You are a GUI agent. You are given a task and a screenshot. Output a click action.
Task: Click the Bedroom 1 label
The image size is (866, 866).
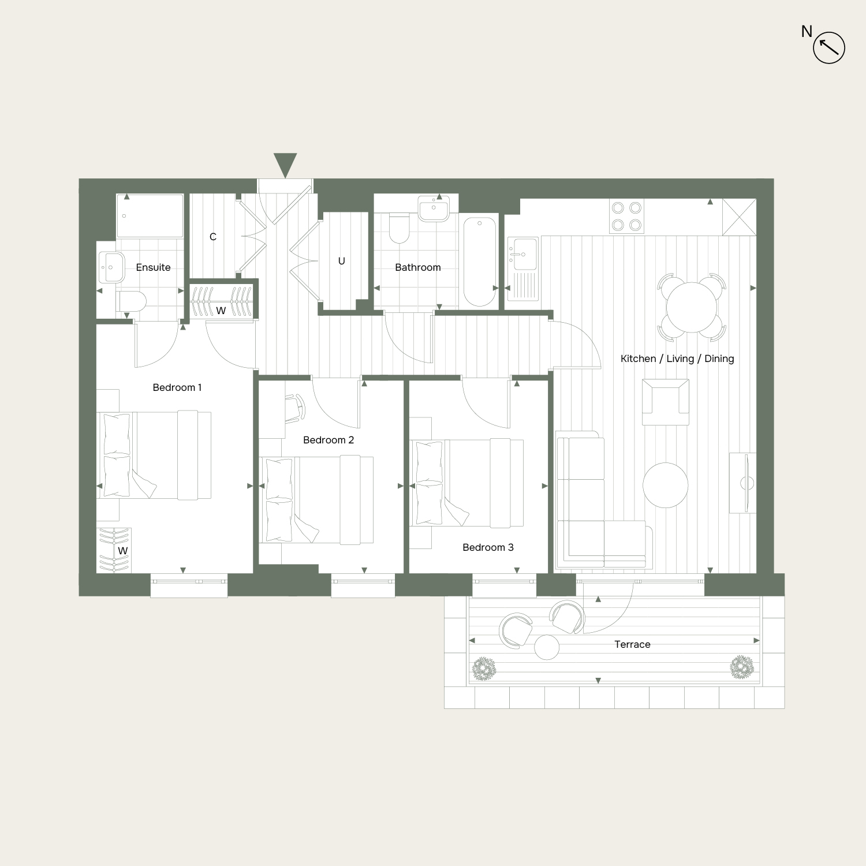pos(177,387)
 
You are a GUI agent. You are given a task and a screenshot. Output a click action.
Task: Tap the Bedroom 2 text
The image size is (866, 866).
pos(329,440)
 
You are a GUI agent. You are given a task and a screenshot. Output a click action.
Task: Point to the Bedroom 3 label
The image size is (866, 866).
pos(488,547)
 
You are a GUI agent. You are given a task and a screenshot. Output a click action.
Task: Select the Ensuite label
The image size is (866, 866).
pos(153,267)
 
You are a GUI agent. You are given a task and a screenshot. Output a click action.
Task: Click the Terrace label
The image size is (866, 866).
pos(632,644)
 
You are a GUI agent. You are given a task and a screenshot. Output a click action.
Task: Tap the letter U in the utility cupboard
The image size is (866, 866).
pos(342,261)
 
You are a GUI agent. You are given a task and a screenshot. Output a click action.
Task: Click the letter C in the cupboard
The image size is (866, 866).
pos(213,237)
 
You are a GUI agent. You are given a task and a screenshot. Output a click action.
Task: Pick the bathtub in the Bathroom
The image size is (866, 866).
pos(480,262)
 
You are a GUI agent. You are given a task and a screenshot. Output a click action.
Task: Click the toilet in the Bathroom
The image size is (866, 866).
pos(400,229)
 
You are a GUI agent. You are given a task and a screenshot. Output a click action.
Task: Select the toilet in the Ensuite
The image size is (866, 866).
pos(131,301)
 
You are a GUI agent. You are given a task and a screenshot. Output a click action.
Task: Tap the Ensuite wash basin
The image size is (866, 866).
pos(111,267)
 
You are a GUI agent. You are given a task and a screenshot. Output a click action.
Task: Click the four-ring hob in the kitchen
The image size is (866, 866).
pos(627,216)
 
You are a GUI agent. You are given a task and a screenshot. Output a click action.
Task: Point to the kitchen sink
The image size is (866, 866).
pos(523,254)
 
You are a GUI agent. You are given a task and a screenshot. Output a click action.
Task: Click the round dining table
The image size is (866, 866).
pos(692,307)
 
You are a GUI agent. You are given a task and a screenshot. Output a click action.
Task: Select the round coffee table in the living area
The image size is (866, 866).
pos(666,485)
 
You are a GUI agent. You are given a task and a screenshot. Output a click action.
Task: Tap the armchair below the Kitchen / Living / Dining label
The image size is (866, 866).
pos(666,402)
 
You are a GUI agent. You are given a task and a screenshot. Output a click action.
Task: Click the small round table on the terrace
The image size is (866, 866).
pos(547,647)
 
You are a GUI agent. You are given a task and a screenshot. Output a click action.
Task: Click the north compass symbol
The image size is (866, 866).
pos(829,47)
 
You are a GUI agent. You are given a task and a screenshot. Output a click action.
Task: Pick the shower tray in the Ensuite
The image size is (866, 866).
pos(150,216)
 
